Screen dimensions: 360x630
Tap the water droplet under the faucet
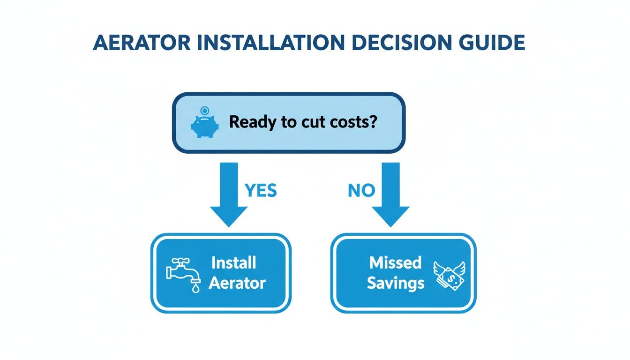click(195, 288)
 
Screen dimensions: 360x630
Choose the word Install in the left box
click(233, 263)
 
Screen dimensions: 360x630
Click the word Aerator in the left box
click(237, 283)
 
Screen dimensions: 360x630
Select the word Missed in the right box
click(396, 263)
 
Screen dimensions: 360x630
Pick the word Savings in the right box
click(396, 283)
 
